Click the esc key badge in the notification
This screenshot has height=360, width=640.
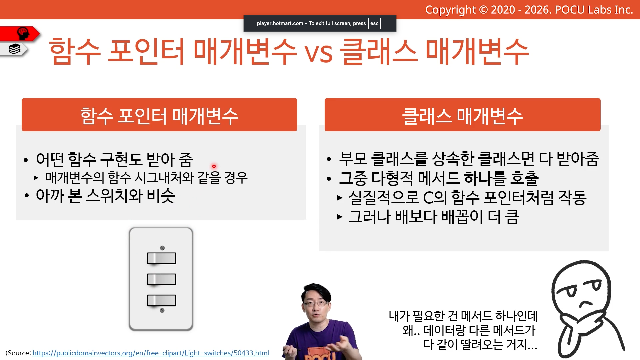(x=374, y=23)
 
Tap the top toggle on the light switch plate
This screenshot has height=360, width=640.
(x=161, y=258)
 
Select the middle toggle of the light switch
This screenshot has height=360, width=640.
(x=161, y=279)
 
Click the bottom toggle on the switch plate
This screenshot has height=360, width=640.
(x=161, y=300)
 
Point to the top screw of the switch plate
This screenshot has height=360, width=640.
(x=162, y=248)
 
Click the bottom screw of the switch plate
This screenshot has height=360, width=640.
(x=162, y=310)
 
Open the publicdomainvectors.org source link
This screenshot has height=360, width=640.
(x=151, y=353)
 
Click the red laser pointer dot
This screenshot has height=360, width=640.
(x=214, y=166)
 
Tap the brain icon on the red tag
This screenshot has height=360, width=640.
(x=23, y=33)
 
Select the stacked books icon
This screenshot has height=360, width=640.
(x=14, y=49)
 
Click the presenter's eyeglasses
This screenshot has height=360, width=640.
(x=316, y=303)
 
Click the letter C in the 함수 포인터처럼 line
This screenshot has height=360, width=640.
(x=428, y=198)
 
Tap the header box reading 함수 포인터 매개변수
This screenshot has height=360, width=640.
(x=159, y=115)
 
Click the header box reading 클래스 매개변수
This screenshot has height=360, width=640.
(x=463, y=115)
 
